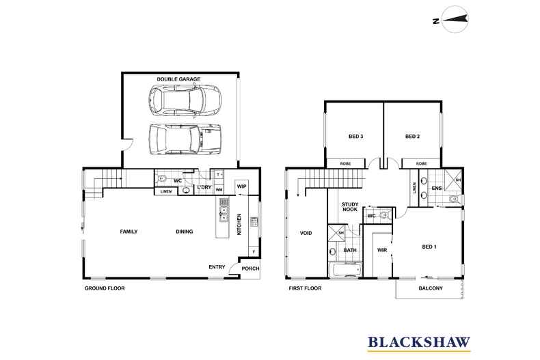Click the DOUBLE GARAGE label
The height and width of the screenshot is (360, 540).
178,79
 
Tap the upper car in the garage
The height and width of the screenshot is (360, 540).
183,101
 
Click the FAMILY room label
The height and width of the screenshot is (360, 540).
129,232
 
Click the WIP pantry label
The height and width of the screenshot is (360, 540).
241,185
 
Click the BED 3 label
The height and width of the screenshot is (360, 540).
355,137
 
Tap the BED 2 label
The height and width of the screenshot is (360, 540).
412,137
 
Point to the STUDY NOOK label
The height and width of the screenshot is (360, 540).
350,207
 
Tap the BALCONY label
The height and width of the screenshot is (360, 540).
430,288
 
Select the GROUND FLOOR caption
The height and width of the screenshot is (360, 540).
104,288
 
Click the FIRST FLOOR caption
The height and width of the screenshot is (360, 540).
306,288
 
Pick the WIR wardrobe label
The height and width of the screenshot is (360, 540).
382,250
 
